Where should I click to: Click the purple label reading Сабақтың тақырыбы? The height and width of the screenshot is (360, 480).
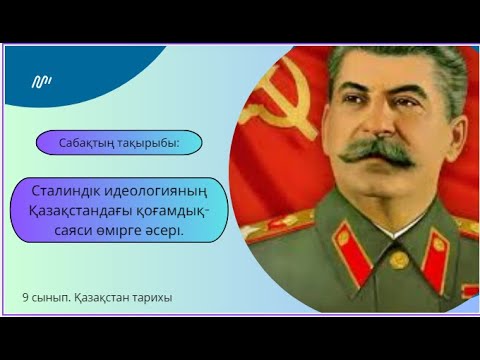click(119, 142)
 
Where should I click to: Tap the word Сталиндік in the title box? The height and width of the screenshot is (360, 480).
click(69, 192)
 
